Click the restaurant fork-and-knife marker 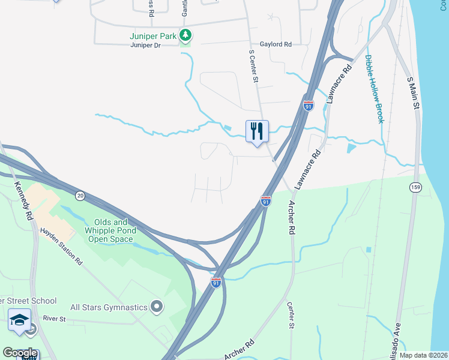[257, 131]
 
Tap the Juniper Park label [153, 36]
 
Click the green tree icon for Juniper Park [186, 35]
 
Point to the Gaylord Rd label [276, 44]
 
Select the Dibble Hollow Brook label [374, 89]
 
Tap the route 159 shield [415, 188]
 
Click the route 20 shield [80, 196]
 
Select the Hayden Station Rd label [60, 246]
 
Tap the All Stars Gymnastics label [109, 307]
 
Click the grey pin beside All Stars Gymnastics [157, 307]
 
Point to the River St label [53, 319]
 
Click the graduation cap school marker [19, 319]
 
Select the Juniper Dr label [146, 44]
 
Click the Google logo [20, 353]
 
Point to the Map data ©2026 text [423, 355]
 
